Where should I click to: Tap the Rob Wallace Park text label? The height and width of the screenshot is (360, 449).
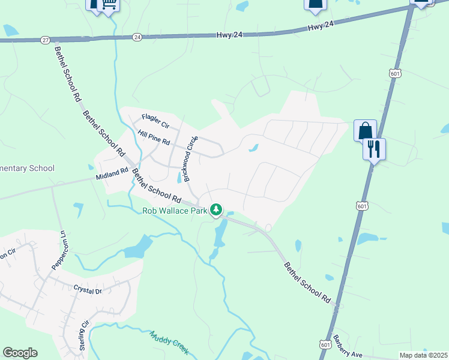[x=174, y=211]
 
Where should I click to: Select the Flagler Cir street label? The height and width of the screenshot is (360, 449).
[x=156, y=118]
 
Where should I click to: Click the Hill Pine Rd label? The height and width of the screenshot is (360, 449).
[x=154, y=138]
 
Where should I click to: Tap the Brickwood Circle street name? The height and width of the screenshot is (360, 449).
[x=190, y=159]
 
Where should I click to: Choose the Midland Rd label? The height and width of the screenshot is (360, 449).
[x=112, y=174]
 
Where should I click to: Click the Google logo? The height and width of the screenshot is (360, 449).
[x=20, y=353]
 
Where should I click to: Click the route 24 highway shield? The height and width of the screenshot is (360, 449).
[x=137, y=37]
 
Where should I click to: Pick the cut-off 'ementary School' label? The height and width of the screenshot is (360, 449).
[x=27, y=169]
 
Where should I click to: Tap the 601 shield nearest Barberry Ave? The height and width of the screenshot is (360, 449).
[x=325, y=344]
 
